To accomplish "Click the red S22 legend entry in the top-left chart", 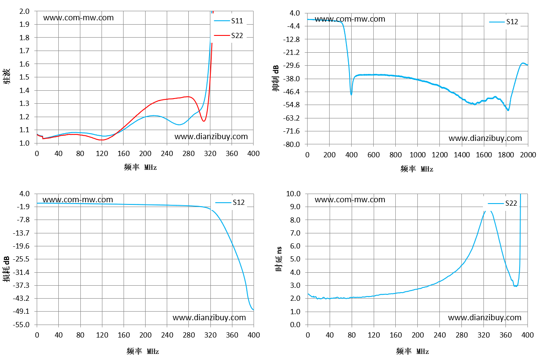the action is (229, 36).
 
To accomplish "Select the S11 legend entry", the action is (229, 21).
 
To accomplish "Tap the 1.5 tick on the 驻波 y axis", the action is (24, 77).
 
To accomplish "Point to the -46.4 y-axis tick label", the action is (292, 92).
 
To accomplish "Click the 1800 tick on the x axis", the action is (506, 155).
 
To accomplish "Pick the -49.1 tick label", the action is (21, 312).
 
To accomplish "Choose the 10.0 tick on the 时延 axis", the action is (293, 194).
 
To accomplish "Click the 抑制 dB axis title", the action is (276, 78).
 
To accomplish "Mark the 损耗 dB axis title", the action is (6, 269).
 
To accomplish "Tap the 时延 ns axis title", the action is (279, 259).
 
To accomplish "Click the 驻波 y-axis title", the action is (7, 76).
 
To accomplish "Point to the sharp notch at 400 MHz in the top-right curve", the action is (351, 94).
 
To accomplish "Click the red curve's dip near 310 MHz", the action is (204, 121).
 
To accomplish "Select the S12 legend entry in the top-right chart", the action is (504, 22).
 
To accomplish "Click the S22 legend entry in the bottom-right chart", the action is (502, 203).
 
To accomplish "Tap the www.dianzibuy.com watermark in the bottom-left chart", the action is (209, 318).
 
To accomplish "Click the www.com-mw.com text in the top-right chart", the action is (350, 19).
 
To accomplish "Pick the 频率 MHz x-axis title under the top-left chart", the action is (140, 167).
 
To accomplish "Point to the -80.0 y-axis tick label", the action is (292, 144).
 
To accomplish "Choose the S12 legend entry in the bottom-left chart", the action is (230, 202).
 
